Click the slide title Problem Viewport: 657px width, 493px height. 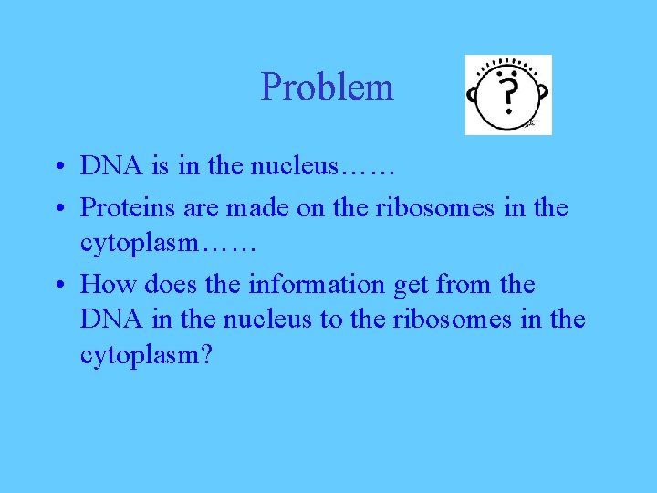[327, 88]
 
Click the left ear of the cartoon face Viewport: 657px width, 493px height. [474, 94]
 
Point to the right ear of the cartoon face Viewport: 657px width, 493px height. [544, 94]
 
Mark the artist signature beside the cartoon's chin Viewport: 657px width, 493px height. [529, 121]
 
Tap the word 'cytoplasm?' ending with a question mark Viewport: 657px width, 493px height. [146, 356]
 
